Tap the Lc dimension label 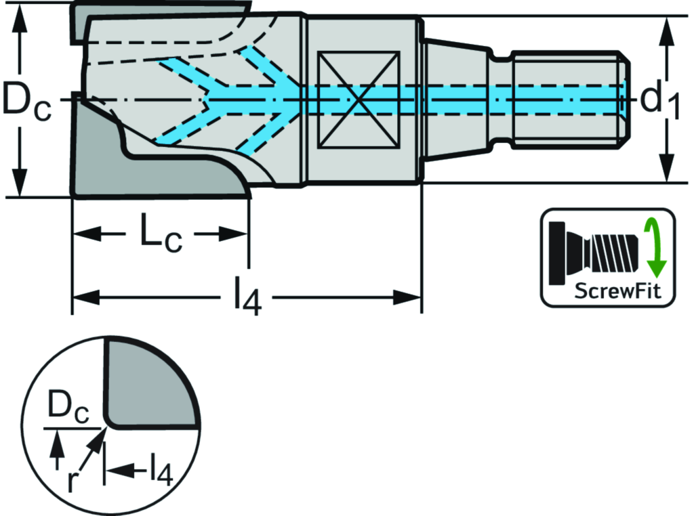[161, 234]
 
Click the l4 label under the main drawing [247, 297]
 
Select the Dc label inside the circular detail [68, 409]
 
